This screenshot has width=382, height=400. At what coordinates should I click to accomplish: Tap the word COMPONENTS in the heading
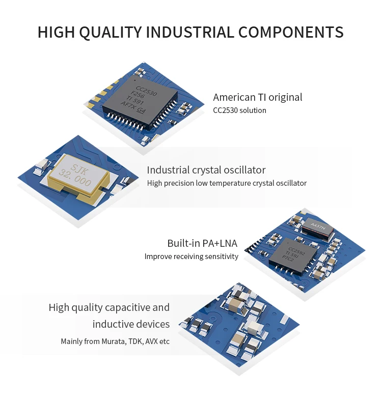click(x=291, y=32)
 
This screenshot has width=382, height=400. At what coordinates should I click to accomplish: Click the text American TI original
click(x=257, y=97)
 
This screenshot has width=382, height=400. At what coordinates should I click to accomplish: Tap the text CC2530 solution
click(x=239, y=110)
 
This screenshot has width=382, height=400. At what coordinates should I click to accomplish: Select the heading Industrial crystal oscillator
click(x=206, y=170)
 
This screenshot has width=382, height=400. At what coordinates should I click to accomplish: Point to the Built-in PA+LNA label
click(x=202, y=243)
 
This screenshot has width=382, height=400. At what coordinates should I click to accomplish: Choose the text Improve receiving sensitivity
click(x=191, y=256)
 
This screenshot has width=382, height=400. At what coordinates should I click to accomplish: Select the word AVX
click(x=151, y=341)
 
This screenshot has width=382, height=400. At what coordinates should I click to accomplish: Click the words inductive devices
click(x=131, y=324)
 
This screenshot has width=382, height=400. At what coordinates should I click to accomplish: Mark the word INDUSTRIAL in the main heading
click(x=190, y=32)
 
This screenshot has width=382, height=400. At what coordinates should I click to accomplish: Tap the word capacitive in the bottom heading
click(x=127, y=307)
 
